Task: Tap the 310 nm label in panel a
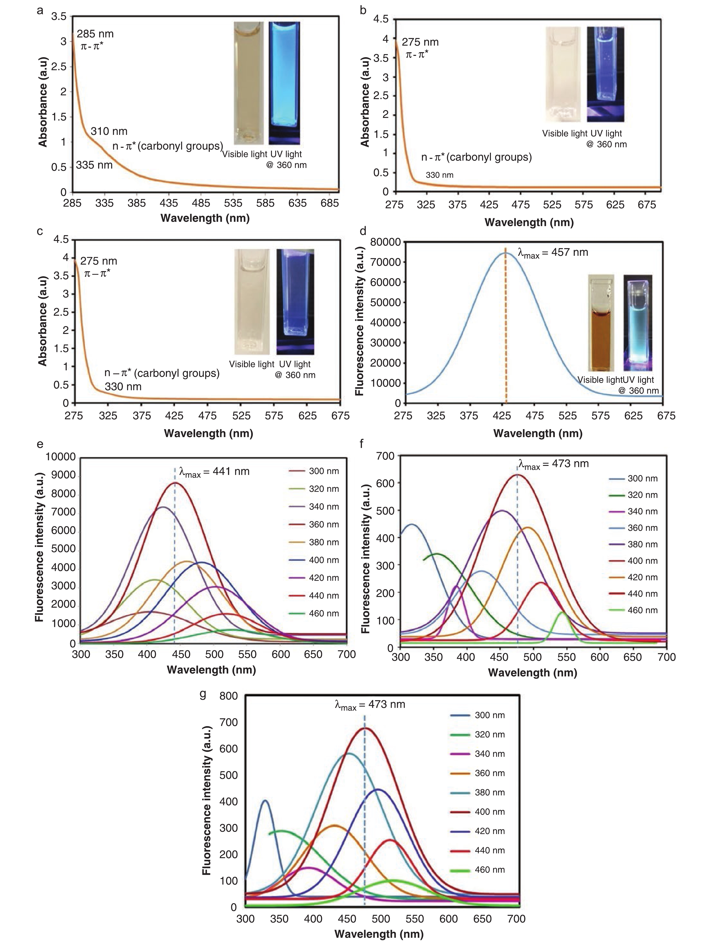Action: (x=109, y=131)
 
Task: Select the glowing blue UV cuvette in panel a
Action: (x=284, y=83)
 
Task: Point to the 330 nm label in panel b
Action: (x=439, y=175)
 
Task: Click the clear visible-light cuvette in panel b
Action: (x=562, y=75)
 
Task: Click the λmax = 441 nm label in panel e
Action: (x=214, y=472)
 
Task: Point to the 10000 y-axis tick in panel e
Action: (x=60, y=457)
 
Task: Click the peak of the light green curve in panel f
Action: (x=562, y=613)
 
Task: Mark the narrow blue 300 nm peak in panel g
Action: (x=265, y=801)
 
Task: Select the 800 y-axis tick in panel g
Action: (x=228, y=696)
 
